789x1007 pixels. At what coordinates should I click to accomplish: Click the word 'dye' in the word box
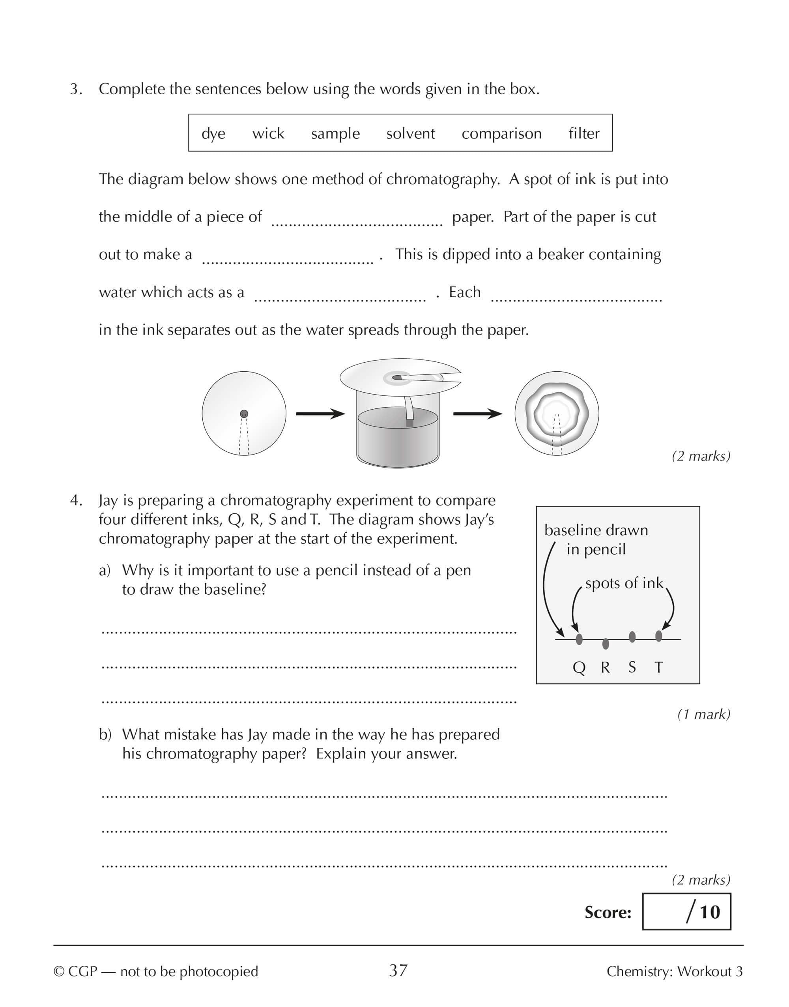point(213,134)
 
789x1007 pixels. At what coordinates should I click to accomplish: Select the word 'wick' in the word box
point(268,133)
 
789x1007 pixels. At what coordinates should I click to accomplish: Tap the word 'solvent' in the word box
point(410,133)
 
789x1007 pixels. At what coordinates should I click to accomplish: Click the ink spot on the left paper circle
point(244,414)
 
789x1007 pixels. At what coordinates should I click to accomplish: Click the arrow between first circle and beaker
point(320,414)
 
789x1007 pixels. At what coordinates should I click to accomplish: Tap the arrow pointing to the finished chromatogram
point(477,414)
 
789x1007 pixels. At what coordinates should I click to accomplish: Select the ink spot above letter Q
point(579,639)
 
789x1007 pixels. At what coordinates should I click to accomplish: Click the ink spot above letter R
point(606,644)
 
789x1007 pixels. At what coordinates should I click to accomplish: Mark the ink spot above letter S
point(632,637)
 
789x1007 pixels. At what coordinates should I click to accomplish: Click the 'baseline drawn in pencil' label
point(596,539)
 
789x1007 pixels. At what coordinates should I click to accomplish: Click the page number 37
point(398,971)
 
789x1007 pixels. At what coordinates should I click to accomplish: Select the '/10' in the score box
point(703,912)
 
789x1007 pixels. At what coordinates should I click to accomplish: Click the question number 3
point(76,89)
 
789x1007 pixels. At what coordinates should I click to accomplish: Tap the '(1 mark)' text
point(703,714)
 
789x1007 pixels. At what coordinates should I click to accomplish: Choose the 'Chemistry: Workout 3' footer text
point(675,971)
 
